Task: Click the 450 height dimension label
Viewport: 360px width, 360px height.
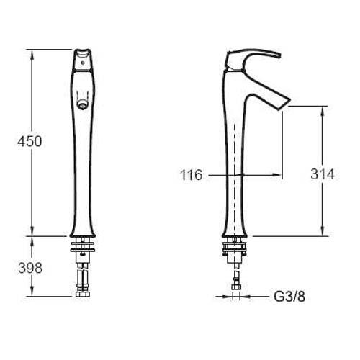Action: click(x=30, y=141)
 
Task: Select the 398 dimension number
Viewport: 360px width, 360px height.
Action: click(x=30, y=268)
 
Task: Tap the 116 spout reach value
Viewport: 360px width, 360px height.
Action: click(x=192, y=175)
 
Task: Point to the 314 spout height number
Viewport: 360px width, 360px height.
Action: click(x=323, y=174)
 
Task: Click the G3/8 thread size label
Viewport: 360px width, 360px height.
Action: click(x=289, y=297)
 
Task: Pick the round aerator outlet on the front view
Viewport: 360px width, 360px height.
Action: click(x=82, y=104)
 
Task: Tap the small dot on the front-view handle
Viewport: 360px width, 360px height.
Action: click(x=83, y=63)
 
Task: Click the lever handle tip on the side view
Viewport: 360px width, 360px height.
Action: click(x=279, y=55)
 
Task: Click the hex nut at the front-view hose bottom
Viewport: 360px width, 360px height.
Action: click(x=83, y=294)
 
